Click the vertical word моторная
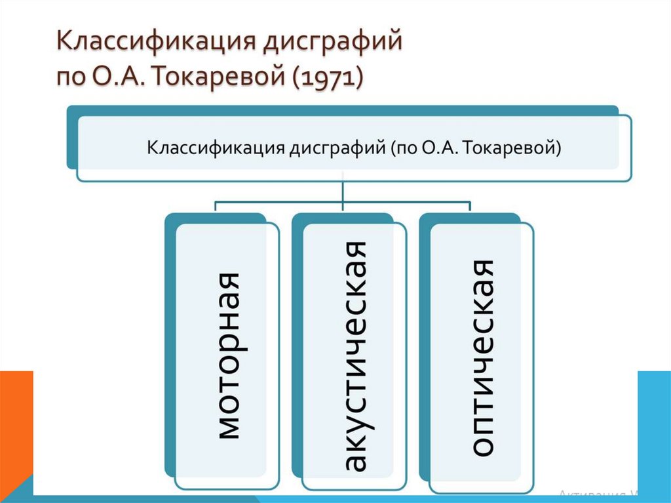(227, 355)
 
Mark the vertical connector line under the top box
(343, 191)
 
